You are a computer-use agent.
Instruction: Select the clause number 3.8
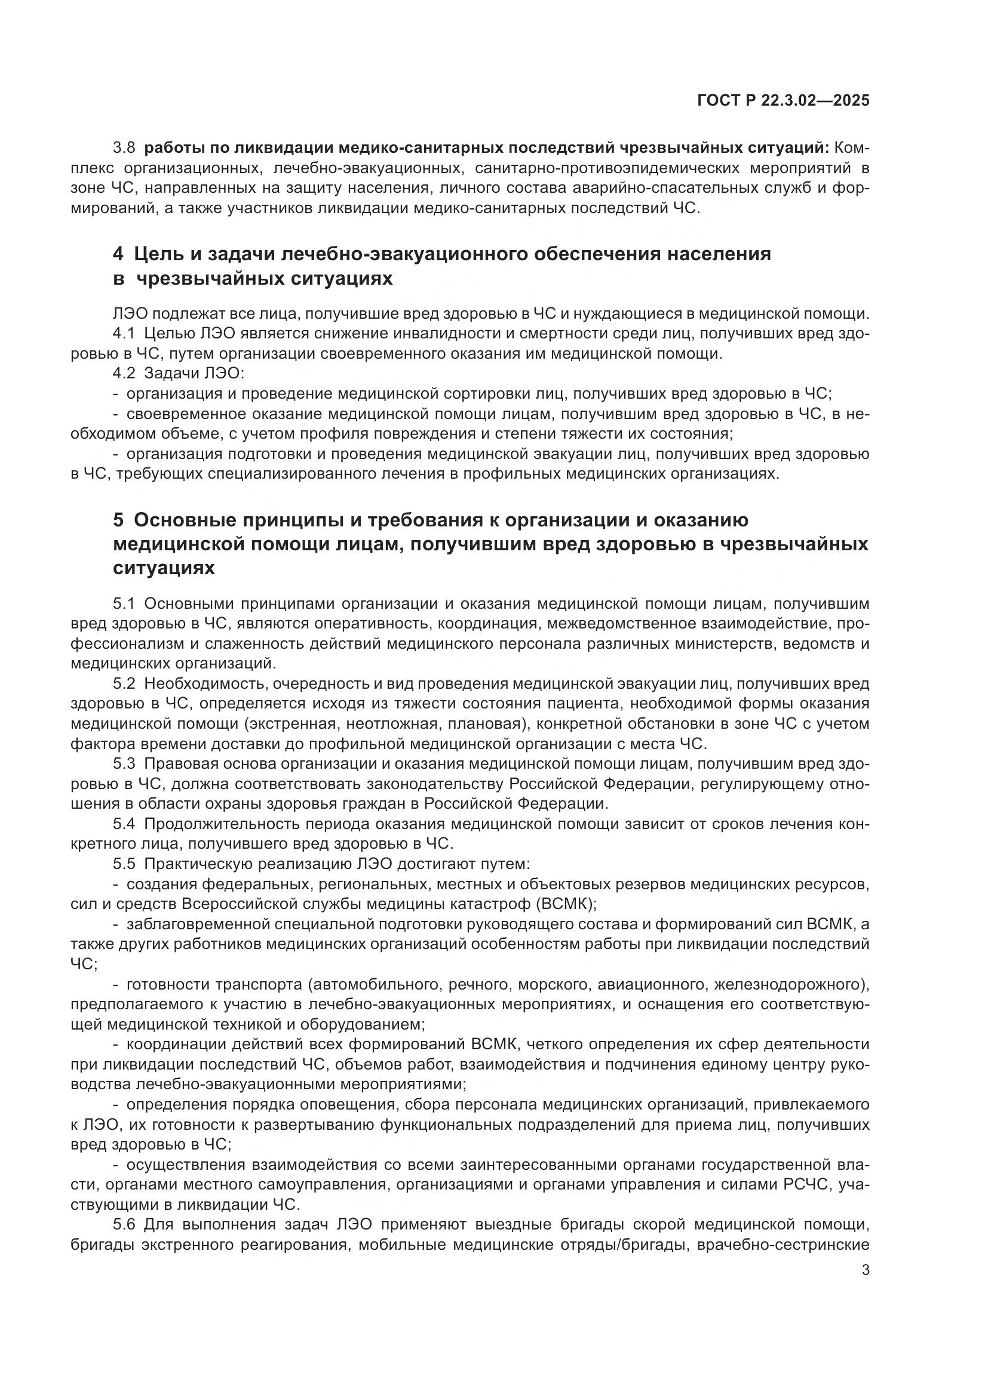124,148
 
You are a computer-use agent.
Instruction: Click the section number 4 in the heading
118,254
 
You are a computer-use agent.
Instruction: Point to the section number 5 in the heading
118,520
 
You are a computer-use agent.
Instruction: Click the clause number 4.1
124,334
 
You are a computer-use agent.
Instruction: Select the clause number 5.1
124,604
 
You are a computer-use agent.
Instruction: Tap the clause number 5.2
124,684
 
